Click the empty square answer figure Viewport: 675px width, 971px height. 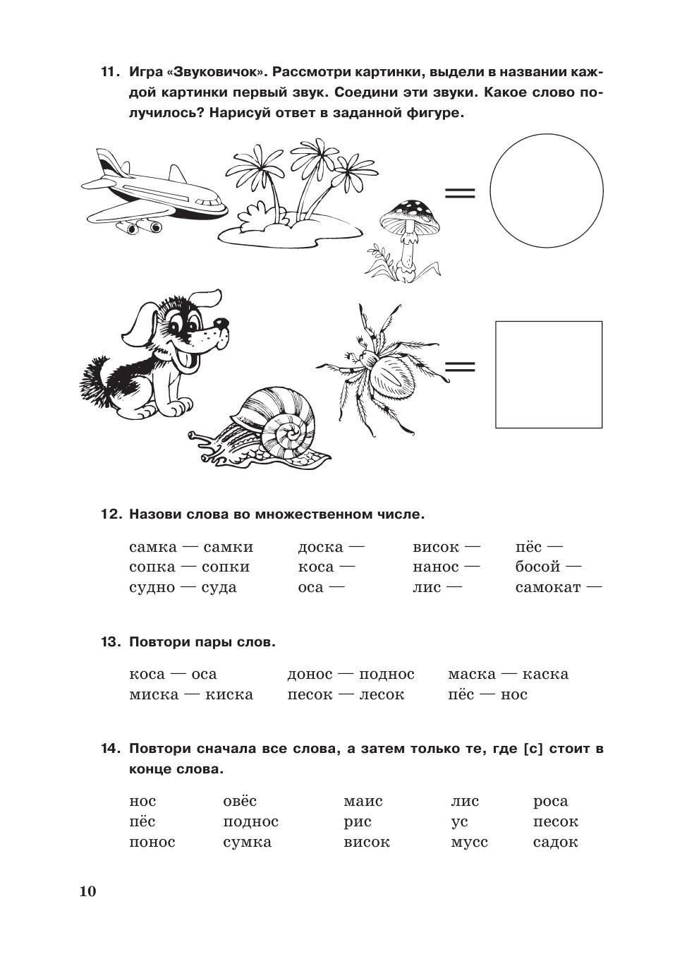pos(549,374)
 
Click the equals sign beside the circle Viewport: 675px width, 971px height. pos(459,192)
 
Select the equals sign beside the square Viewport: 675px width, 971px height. pos(460,366)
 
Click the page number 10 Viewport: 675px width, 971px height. pos(87,891)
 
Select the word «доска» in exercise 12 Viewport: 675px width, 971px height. pos(320,547)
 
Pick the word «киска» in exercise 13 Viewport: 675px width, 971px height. pos(229,694)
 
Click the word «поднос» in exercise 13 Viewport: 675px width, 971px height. pos(387,674)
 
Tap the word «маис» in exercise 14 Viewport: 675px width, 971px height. pos(363,801)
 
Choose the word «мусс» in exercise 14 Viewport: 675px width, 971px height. pos(469,842)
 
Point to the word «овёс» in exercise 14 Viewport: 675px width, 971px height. pos(240,801)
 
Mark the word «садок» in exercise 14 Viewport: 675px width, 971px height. pos(556,842)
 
